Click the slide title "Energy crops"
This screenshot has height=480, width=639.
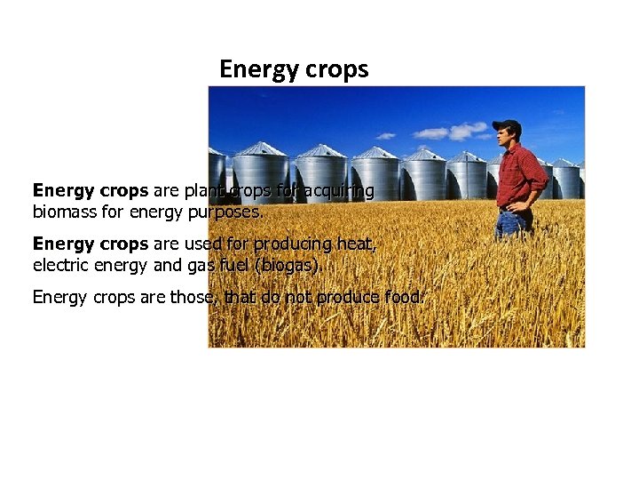(x=294, y=69)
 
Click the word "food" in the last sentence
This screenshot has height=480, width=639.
(x=405, y=297)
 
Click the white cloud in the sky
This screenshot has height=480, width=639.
(x=456, y=132)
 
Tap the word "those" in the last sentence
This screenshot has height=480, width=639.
(x=190, y=297)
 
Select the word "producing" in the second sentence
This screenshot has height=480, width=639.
(x=295, y=244)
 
